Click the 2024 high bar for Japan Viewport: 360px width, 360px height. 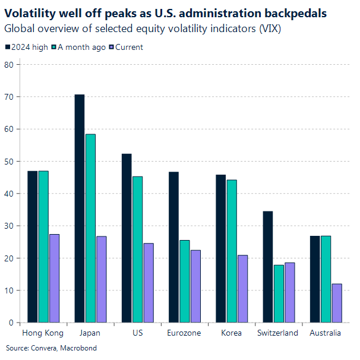(x=79, y=208)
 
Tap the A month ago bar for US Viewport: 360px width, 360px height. (x=137, y=250)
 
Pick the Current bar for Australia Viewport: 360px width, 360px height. (x=337, y=303)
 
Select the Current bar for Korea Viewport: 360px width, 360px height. (x=242, y=289)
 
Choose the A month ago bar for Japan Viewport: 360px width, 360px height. (x=90, y=228)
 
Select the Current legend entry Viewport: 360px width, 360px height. (x=125, y=47)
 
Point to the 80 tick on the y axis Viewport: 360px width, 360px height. (x=9, y=64)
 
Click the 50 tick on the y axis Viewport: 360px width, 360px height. (x=9, y=161)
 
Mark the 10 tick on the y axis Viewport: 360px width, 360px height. (x=9, y=290)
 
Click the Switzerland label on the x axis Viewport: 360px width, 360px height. (x=277, y=333)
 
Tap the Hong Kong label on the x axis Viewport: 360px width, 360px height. (x=42, y=333)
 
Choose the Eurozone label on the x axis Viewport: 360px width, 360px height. (x=184, y=333)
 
